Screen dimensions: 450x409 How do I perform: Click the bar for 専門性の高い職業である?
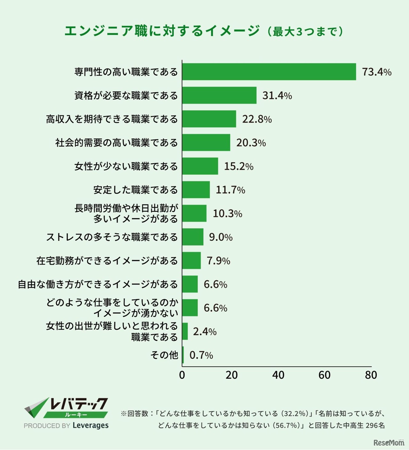point(269,72)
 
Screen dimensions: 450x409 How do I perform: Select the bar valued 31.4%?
point(219,95)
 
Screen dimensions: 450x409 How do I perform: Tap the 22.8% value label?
point(257,119)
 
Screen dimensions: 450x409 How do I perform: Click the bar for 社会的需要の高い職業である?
point(206,142)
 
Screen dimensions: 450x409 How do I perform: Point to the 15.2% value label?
point(239,166)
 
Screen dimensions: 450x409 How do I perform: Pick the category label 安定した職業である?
point(135,190)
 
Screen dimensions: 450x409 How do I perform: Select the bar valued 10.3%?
point(194,213)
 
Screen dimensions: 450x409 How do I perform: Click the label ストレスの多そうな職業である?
point(112,237)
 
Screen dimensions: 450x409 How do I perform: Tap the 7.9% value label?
point(218,261)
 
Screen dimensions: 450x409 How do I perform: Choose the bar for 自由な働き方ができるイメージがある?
point(190,284)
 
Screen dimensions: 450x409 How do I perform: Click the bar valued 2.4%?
point(185,332)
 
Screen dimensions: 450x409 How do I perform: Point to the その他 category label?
point(164,355)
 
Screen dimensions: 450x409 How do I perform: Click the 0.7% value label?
point(201,355)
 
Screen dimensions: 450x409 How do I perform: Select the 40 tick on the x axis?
point(278,375)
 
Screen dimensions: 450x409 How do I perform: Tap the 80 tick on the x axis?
point(371,375)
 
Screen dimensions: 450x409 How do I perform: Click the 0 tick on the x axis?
point(182,375)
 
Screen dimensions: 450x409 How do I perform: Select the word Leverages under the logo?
point(90,425)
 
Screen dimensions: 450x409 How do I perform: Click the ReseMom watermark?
point(389,443)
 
